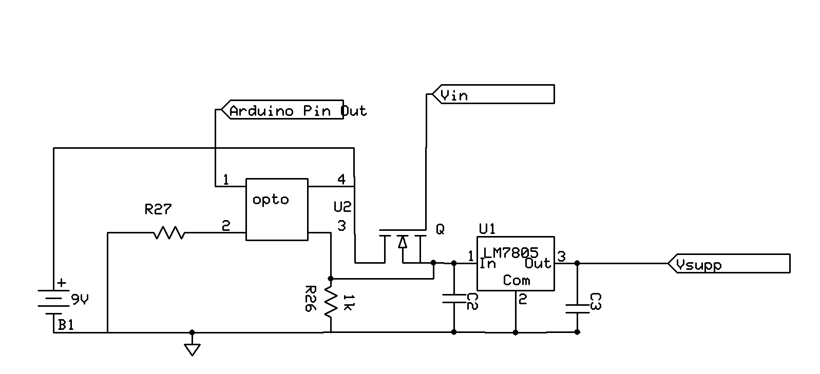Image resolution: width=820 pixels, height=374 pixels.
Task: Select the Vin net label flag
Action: click(493, 94)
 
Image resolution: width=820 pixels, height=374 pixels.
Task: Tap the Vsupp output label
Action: click(729, 264)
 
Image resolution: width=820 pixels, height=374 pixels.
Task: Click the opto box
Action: click(277, 209)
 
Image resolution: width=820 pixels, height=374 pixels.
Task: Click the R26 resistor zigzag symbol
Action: click(331, 301)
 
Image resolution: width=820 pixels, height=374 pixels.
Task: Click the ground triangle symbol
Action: click(192, 349)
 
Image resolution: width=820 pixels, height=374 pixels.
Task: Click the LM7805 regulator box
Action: click(515, 263)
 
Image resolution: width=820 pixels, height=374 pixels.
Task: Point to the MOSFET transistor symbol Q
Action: click(403, 244)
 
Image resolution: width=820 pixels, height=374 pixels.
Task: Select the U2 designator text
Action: click(342, 207)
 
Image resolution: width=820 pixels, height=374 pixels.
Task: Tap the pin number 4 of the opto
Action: click(341, 179)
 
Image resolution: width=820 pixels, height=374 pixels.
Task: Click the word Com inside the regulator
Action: click(516, 280)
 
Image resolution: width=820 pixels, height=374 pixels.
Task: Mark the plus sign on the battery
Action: click(61, 282)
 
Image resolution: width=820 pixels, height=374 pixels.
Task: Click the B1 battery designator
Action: click(65, 325)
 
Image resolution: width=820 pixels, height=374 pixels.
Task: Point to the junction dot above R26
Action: click(331, 278)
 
